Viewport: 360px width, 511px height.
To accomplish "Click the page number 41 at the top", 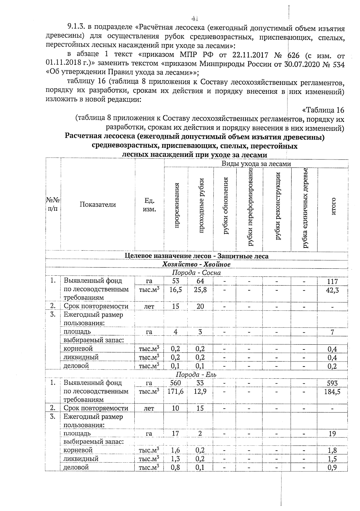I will coord(195,18).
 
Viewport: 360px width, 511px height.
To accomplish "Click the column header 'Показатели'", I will coord(98,204).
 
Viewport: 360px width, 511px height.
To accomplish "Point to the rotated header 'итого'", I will coord(333,206).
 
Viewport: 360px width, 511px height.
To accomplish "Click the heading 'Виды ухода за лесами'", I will coord(256,164).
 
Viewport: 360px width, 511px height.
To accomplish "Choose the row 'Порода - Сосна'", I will coord(196,273).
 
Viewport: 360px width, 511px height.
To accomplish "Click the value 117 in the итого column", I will coord(332,281).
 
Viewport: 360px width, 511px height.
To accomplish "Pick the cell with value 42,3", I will coord(332,290).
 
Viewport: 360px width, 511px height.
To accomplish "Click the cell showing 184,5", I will coord(332,392).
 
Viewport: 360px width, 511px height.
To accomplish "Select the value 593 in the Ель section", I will coord(332,383).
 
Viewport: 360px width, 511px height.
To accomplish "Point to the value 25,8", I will coord(200,290).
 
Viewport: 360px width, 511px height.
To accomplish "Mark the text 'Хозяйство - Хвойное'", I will coord(196,264).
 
